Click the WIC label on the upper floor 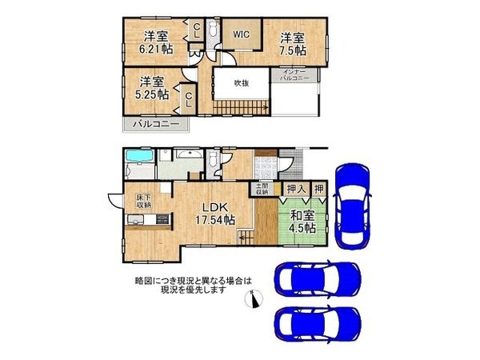pyautogui.click(x=242, y=34)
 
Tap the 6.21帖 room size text pyautogui.click(x=156, y=49)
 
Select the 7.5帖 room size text pyautogui.click(x=293, y=49)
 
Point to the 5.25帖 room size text pyautogui.click(x=152, y=94)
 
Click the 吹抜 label pyautogui.click(x=242, y=82)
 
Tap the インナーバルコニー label pyautogui.click(x=298, y=78)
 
